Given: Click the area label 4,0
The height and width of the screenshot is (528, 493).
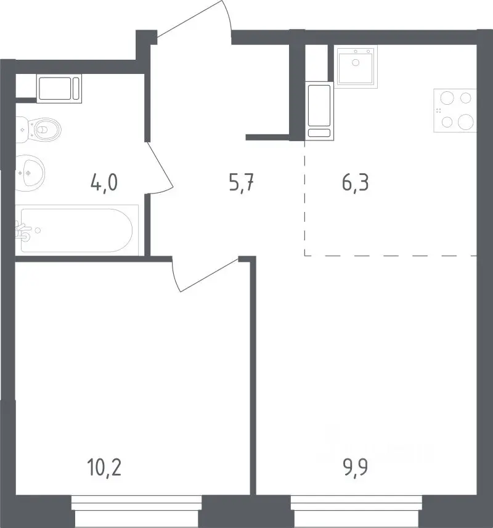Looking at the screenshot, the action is [104, 183].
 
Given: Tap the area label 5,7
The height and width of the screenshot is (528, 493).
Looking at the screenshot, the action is [241, 183].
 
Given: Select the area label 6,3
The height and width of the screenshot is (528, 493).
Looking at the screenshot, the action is [356, 183].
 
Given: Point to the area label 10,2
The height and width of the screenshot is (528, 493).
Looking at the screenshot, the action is [104, 468].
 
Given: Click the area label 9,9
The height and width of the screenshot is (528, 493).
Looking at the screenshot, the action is [356, 468].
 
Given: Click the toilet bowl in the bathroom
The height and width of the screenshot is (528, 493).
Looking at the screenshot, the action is [39, 129].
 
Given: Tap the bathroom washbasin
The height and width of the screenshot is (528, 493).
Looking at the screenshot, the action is [30, 173].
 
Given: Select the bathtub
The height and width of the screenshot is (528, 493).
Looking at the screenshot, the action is [77, 230].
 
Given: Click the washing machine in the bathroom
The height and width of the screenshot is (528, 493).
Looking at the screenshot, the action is [59, 88].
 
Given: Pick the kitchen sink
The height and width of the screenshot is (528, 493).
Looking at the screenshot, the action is [356, 67].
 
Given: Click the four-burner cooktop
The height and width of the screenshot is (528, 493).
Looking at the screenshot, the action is [455, 110].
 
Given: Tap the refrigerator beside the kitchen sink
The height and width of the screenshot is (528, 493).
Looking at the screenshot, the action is [319, 110].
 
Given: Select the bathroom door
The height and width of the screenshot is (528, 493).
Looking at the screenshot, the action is [159, 168].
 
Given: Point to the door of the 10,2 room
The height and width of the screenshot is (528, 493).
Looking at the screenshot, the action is [205, 274].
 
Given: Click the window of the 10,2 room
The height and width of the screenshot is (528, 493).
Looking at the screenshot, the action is [137, 511].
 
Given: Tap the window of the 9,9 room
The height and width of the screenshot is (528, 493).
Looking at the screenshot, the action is [356, 511].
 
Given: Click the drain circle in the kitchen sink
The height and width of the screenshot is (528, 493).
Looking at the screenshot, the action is [356, 62].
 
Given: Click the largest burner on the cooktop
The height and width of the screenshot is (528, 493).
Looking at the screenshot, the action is [466, 121].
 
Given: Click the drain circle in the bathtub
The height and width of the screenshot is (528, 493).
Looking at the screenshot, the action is [38, 230].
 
